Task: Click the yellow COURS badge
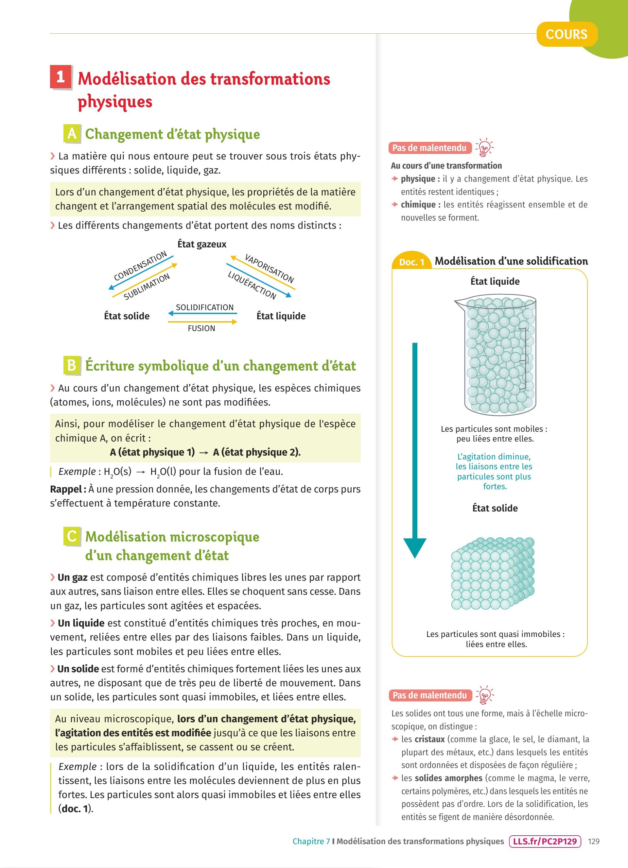click(567, 34)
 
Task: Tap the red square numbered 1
click(61, 76)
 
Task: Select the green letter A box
click(72, 134)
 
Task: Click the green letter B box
click(72, 365)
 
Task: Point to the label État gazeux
click(202, 244)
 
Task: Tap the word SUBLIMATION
click(147, 287)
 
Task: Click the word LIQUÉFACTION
click(252, 285)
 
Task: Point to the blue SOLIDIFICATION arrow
click(202, 313)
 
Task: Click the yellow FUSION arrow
click(202, 322)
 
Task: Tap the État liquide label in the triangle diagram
click(281, 316)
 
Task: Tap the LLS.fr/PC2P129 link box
click(545, 841)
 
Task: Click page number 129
click(594, 841)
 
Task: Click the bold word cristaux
click(430, 739)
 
